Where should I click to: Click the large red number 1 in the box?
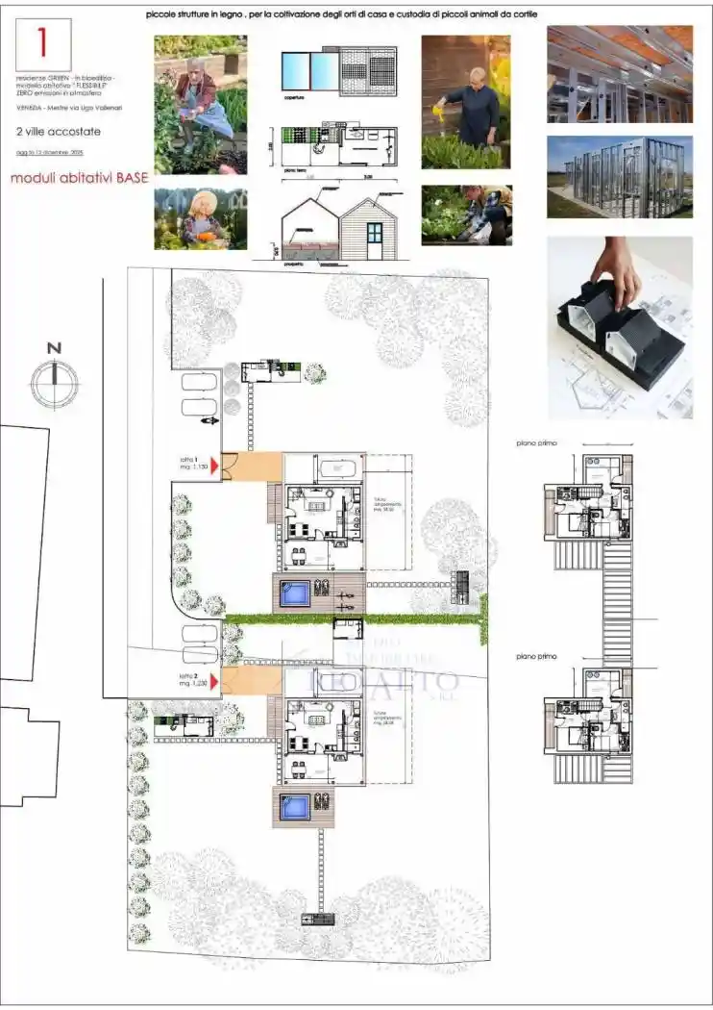(42, 41)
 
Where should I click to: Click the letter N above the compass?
(54, 348)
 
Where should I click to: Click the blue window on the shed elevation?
(374, 233)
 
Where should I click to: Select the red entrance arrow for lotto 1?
(215, 466)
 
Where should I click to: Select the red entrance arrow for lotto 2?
(215, 681)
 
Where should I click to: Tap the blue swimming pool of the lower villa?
(295, 806)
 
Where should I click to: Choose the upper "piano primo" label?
(536, 443)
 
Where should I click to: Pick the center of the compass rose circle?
(55, 383)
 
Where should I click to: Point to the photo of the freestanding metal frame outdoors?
(620, 178)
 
